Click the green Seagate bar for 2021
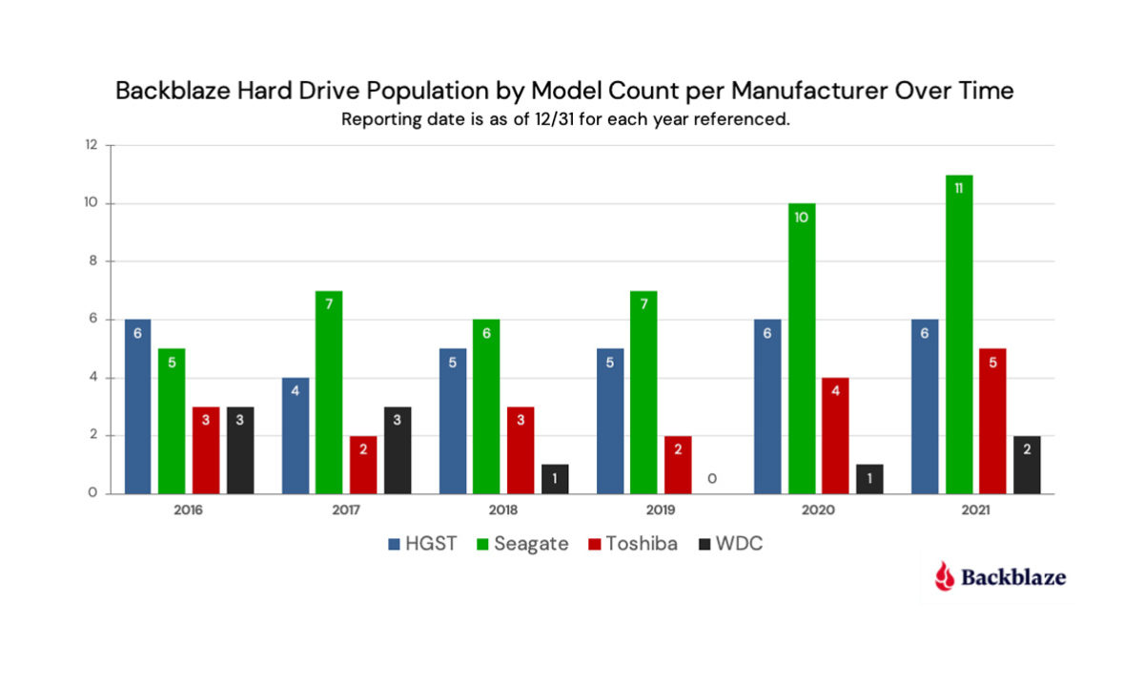959,334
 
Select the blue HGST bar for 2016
137,406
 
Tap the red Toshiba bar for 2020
836,435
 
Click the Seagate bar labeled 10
802,348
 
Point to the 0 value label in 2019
712,478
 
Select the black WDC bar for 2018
555,479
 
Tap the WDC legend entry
730,544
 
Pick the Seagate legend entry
523,544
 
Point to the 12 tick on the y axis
92,145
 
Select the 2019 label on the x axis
661,510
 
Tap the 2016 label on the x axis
189,510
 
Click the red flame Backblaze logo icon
944,575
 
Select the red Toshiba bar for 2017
363,465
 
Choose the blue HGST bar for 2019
610,421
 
